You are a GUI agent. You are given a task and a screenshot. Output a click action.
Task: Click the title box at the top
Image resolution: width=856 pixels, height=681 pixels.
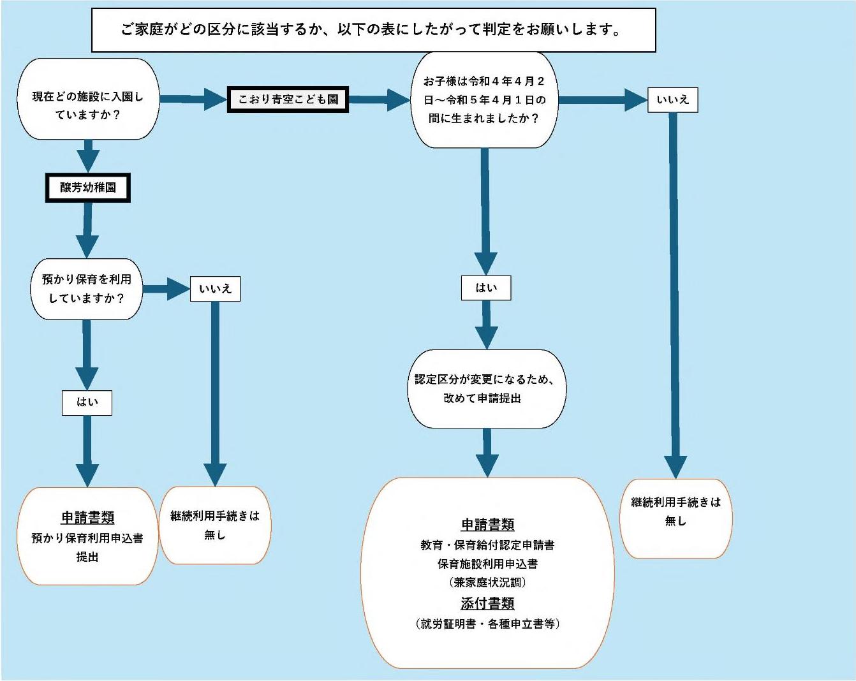tap(373, 30)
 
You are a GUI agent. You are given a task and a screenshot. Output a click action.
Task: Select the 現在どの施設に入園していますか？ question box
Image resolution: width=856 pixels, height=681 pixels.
tap(88, 99)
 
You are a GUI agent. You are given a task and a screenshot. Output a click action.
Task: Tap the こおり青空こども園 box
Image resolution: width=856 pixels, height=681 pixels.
tap(288, 99)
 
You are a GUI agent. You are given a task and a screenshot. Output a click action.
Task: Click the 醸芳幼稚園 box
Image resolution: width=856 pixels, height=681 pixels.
tap(88, 187)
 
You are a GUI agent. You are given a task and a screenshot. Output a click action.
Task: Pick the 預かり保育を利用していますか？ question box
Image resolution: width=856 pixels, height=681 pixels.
tap(87, 289)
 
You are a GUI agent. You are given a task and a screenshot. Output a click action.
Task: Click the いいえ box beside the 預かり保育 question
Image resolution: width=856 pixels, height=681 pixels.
tap(215, 289)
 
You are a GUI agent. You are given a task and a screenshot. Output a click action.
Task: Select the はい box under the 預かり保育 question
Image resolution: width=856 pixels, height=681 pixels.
tap(87, 402)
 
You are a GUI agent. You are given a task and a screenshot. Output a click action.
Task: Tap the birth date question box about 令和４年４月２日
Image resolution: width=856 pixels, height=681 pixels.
tap(484, 100)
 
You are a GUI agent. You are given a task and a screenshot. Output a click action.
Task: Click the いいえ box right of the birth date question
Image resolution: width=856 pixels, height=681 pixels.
tap(672, 100)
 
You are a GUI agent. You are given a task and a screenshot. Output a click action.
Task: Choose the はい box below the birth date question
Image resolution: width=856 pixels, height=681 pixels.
tap(486, 288)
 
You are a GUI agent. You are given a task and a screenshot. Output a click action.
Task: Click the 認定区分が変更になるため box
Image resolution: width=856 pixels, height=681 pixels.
tap(486, 388)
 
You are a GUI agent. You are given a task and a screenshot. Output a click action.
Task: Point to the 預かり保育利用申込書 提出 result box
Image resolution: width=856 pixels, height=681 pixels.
tap(87, 536)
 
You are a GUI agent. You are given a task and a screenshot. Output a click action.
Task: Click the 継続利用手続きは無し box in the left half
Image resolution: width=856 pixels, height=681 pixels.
tap(215, 525)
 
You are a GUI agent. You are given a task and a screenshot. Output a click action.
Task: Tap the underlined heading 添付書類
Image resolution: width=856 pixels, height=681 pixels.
tap(487, 603)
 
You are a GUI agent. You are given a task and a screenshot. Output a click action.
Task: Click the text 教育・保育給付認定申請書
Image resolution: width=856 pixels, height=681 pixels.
tap(487, 545)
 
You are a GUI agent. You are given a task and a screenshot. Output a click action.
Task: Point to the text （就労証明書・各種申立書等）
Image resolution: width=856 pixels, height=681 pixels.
tap(487, 624)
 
